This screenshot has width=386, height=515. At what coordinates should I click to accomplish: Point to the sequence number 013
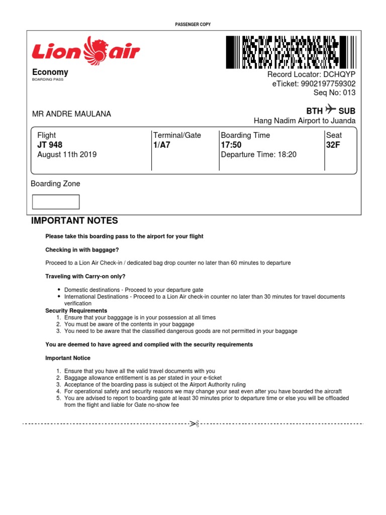tap(348, 93)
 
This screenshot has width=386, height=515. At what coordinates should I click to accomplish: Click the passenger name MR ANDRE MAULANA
tap(72, 114)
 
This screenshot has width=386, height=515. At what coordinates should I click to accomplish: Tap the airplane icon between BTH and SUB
tap(330, 109)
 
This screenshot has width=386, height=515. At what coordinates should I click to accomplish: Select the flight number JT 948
tap(50, 145)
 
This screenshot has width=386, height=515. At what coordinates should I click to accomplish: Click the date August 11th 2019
tap(67, 155)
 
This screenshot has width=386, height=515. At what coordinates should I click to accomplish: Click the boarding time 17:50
tap(231, 145)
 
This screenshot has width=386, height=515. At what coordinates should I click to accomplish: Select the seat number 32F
tap(334, 145)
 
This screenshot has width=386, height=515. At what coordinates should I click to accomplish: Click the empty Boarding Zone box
tap(56, 202)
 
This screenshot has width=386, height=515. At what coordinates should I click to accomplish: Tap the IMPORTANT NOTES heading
tap(74, 221)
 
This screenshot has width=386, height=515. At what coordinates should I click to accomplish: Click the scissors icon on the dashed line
tap(194, 424)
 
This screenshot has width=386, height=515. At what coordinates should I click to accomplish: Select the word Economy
tap(50, 72)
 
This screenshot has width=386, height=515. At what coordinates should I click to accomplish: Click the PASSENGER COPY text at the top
tap(193, 24)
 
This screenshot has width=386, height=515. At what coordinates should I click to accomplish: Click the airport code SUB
tap(347, 111)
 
